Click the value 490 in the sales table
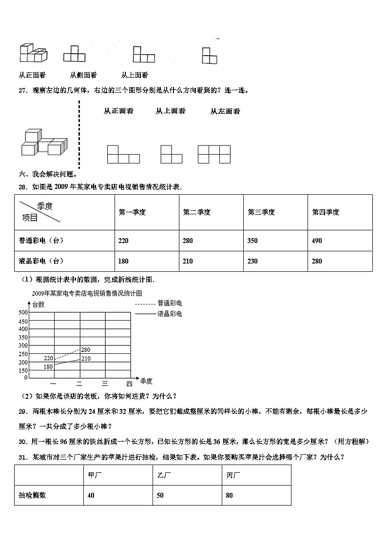317,241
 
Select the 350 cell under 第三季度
252,241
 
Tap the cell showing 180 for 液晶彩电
123,261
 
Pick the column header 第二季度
196,212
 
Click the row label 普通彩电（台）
41,241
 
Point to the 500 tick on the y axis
22,312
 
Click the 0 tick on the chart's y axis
26,378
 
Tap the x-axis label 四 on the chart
129,384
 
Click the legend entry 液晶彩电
169,314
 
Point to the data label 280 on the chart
86,350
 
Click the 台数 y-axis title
39,304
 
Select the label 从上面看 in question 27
171,111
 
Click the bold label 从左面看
225,111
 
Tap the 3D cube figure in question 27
43,142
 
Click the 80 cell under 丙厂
230,495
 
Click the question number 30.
22,442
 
